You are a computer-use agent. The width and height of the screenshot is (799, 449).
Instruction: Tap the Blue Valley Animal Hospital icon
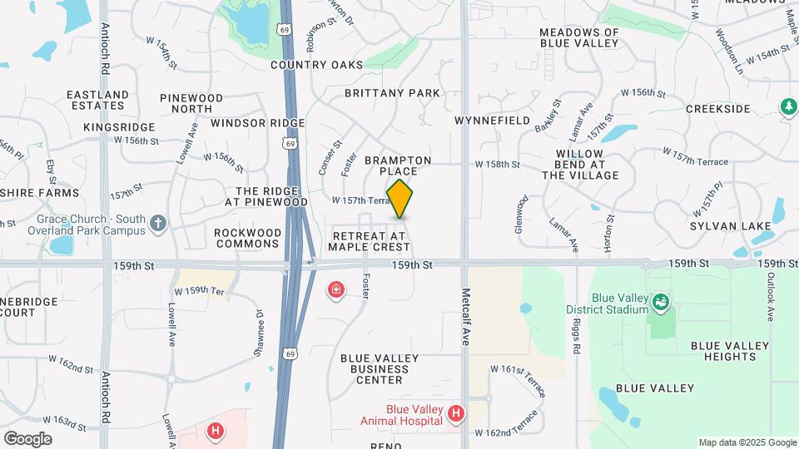click(455, 413)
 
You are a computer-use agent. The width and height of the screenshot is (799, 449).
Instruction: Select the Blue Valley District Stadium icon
click(660, 300)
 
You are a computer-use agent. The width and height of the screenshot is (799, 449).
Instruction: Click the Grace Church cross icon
click(159, 223)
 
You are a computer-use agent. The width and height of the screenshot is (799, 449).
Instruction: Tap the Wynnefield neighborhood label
click(493, 121)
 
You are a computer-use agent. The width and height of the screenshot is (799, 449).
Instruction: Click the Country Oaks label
click(316, 65)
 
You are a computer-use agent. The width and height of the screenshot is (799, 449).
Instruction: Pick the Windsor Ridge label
click(258, 123)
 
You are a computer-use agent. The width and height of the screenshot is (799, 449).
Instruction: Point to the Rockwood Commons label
click(248, 238)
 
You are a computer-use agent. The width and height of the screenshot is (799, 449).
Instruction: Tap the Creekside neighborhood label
click(718, 109)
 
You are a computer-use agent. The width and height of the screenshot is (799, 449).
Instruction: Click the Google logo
click(27, 438)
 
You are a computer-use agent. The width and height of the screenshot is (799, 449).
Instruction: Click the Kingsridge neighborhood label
click(120, 127)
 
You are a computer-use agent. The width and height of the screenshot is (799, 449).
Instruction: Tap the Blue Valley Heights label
click(722, 351)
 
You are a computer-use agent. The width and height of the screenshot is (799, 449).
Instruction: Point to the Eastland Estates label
click(97, 100)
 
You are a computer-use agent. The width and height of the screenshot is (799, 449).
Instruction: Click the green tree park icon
click(787, 106)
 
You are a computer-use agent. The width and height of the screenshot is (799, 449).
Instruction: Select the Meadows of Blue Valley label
click(579, 37)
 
